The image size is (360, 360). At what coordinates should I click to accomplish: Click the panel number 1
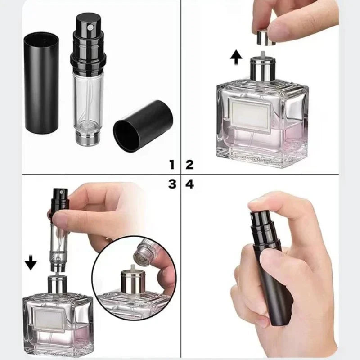[171, 164]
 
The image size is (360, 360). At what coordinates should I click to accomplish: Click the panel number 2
[189, 164]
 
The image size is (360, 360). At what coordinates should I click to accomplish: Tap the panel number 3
[171, 184]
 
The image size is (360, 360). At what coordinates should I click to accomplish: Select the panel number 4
[189, 184]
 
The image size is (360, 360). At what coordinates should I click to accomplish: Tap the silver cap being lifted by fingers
[265, 38]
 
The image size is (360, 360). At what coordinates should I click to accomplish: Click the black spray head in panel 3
[61, 198]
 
